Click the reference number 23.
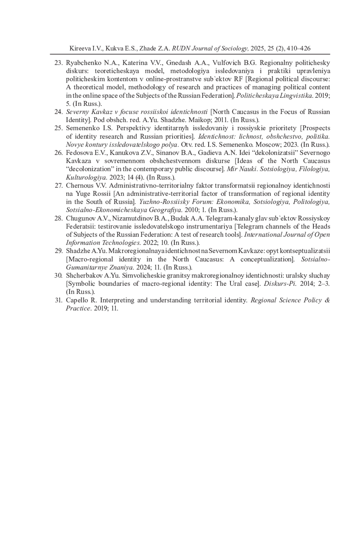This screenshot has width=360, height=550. pyautogui.click(x=58, y=63)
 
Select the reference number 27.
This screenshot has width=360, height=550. pyautogui.click(x=58, y=186)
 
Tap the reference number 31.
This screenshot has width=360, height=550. pyautogui.click(x=58, y=300)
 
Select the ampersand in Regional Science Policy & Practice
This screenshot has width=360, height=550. pyautogui.click(x=327, y=300)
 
